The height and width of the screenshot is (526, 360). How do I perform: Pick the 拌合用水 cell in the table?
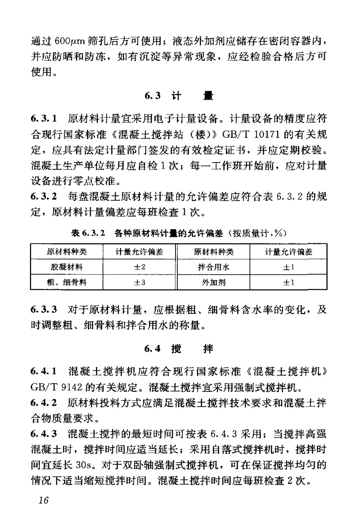point(212,267)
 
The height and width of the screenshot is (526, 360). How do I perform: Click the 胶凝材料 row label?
point(67,267)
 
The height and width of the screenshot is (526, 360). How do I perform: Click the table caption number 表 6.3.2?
point(88,234)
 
